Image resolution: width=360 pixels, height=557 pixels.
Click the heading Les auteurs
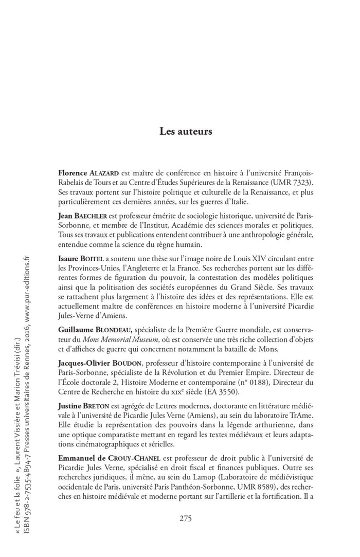click(x=186, y=132)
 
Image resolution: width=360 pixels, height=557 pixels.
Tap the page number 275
click(x=186, y=518)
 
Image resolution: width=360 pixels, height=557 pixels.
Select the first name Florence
click(x=75, y=173)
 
